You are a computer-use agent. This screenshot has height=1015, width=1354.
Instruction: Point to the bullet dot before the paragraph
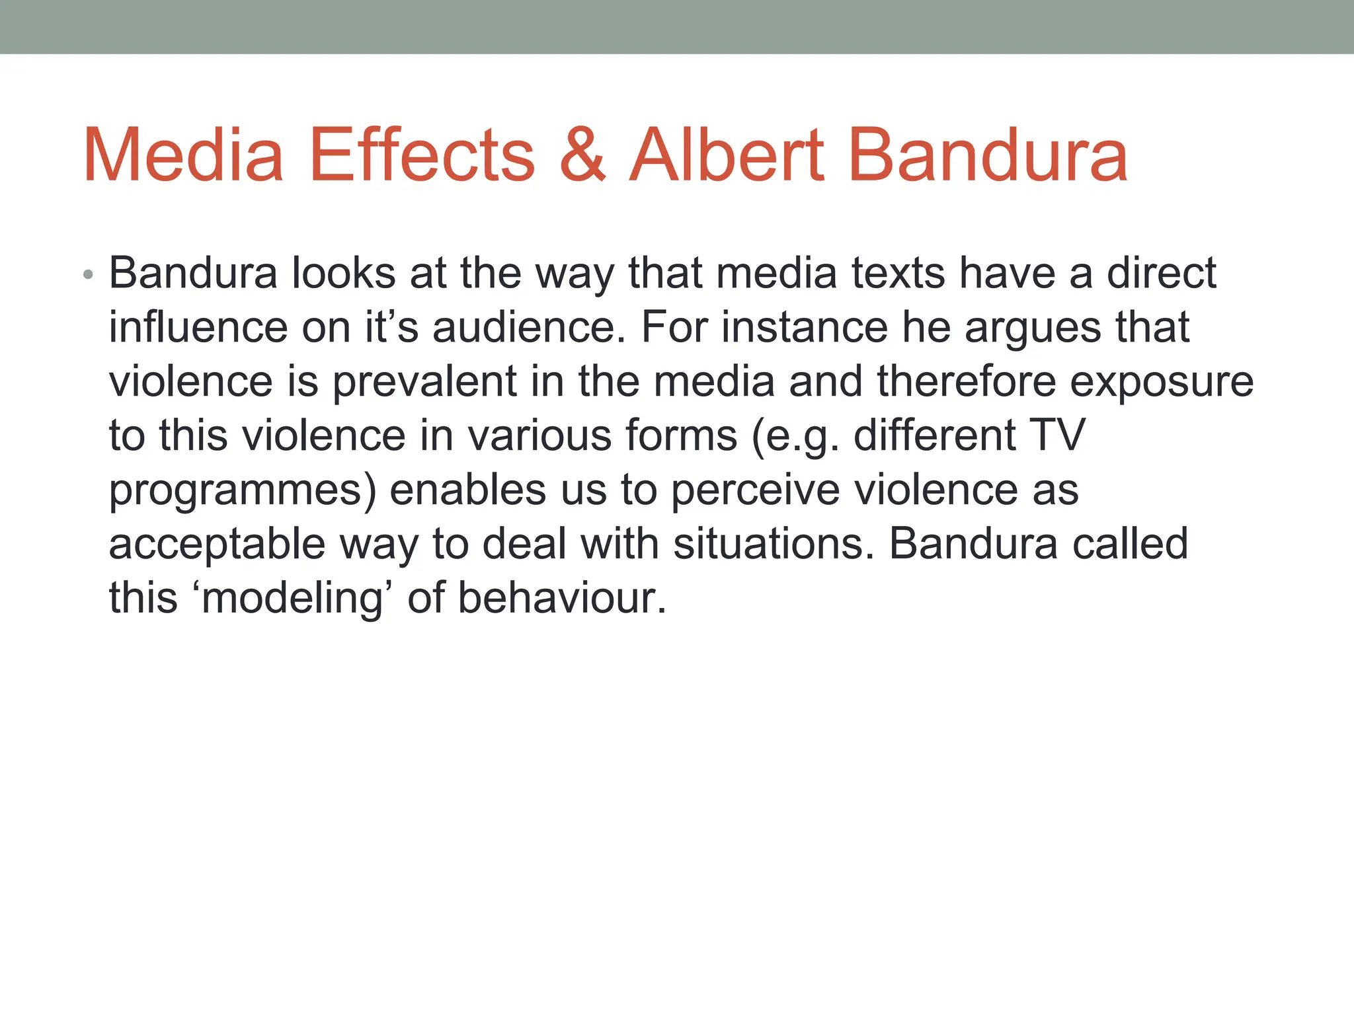(x=89, y=275)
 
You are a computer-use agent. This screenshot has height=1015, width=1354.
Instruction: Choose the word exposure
(x=1162, y=382)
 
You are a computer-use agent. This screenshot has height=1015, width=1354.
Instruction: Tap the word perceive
(x=755, y=491)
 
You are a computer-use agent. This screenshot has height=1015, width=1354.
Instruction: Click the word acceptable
(x=218, y=545)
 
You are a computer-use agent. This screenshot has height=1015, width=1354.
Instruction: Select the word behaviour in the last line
(x=561, y=598)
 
